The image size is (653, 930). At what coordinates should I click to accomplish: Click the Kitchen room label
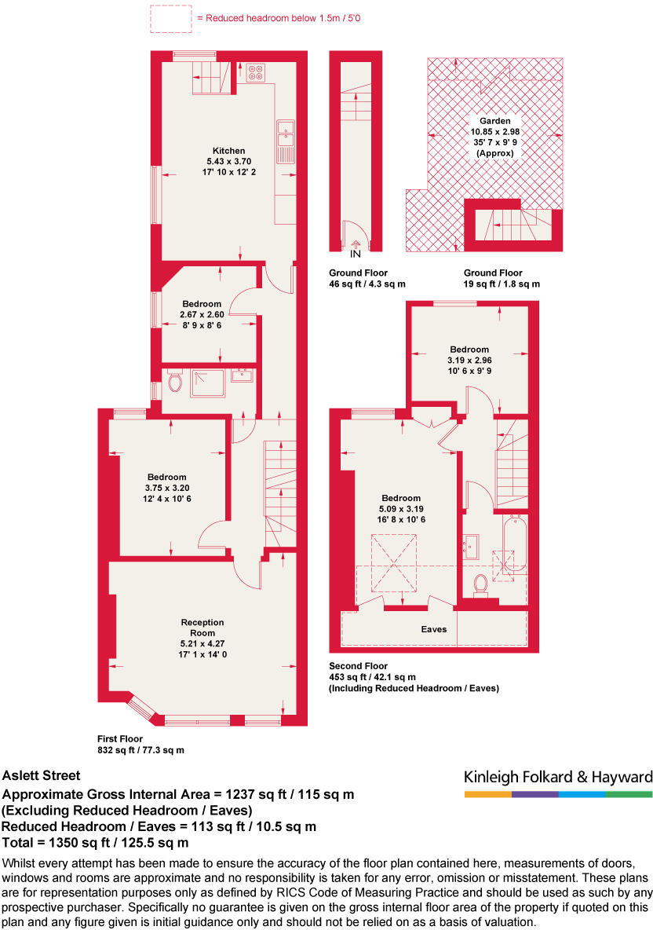pos(228,151)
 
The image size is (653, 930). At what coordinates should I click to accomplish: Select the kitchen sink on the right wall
pos(284,136)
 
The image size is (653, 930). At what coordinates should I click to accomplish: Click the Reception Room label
pos(202,628)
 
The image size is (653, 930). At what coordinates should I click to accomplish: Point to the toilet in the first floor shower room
pos(175,383)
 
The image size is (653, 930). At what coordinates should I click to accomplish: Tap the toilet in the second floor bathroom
pos(480,584)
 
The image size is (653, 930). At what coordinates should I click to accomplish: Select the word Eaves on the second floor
pos(433,629)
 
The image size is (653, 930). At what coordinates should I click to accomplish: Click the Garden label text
pos(494,121)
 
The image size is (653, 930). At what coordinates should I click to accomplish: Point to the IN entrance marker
pos(355,254)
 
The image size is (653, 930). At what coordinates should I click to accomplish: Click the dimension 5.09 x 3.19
pos(401,508)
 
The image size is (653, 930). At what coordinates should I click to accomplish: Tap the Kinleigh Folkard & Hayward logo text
pos(558,778)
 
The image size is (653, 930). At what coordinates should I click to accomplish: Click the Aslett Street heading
pos(42,775)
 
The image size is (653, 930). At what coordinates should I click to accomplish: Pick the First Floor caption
pos(119,738)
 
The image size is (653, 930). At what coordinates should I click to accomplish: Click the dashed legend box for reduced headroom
pos(170,18)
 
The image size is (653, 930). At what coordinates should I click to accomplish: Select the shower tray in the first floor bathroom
pos(206,382)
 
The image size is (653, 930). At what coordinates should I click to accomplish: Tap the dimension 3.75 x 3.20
pos(167,487)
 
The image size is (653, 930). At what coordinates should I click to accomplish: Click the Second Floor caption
pos(359,666)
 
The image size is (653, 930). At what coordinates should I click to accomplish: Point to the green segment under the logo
pos(629,795)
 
